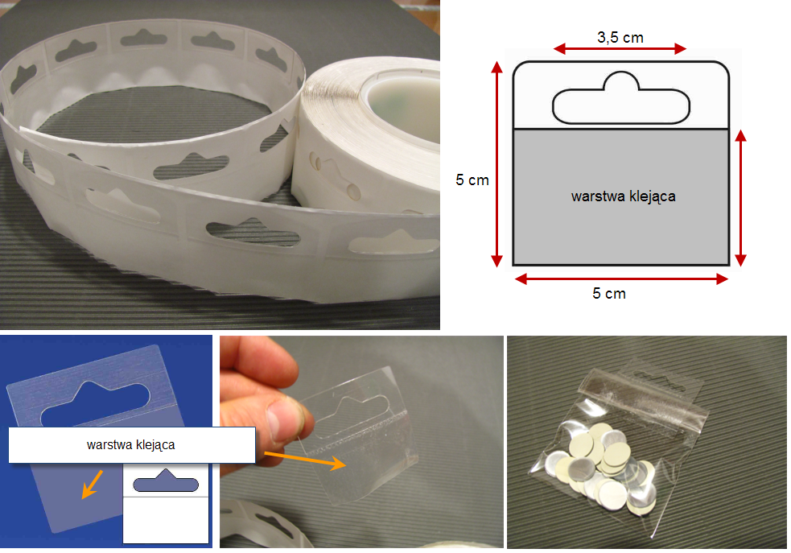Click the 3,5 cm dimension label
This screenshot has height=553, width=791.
tap(620, 38)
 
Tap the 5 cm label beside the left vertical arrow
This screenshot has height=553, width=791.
tap(472, 180)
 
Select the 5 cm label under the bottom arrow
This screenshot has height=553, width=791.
tap(609, 294)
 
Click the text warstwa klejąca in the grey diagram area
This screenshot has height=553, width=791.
tap(623, 196)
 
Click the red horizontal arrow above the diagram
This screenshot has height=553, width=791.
tap(620, 49)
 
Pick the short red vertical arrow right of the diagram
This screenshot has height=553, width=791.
tap(740, 197)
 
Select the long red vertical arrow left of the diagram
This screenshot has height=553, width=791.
tap(497, 164)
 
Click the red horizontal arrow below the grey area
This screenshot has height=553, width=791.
tap(621, 279)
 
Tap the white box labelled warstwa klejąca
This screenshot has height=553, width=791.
tap(132, 444)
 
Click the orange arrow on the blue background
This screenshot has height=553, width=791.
tap(93, 485)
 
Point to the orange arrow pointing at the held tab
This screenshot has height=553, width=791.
tap(305, 460)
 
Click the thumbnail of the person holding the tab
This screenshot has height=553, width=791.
tap(361, 441)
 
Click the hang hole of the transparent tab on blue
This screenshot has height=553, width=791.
tap(96, 403)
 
